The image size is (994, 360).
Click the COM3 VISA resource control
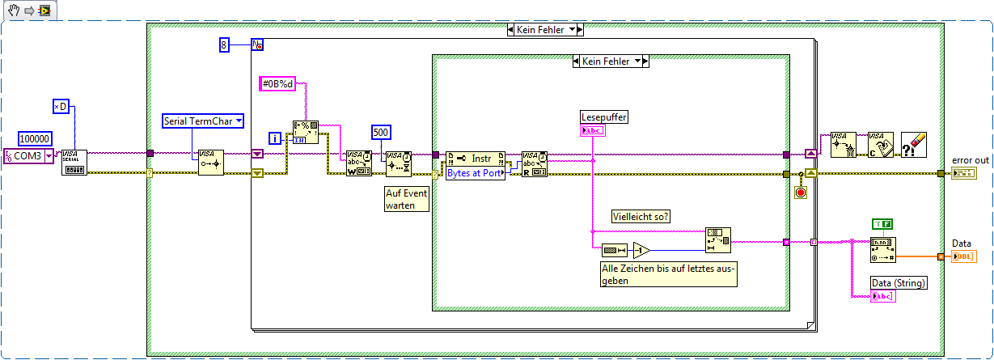coord(28,155)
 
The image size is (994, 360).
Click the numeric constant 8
coord(225,44)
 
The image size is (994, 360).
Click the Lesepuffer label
coord(603,117)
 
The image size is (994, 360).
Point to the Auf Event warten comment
coord(405,199)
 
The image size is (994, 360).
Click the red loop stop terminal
coord(801,193)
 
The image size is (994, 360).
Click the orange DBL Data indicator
coord(963,256)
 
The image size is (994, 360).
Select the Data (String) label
coord(898,282)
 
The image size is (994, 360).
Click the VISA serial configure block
coord(74,161)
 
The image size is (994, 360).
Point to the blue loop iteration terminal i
coord(276,139)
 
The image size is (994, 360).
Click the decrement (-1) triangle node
coord(641,250)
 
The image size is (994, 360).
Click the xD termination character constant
coord(61,107)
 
